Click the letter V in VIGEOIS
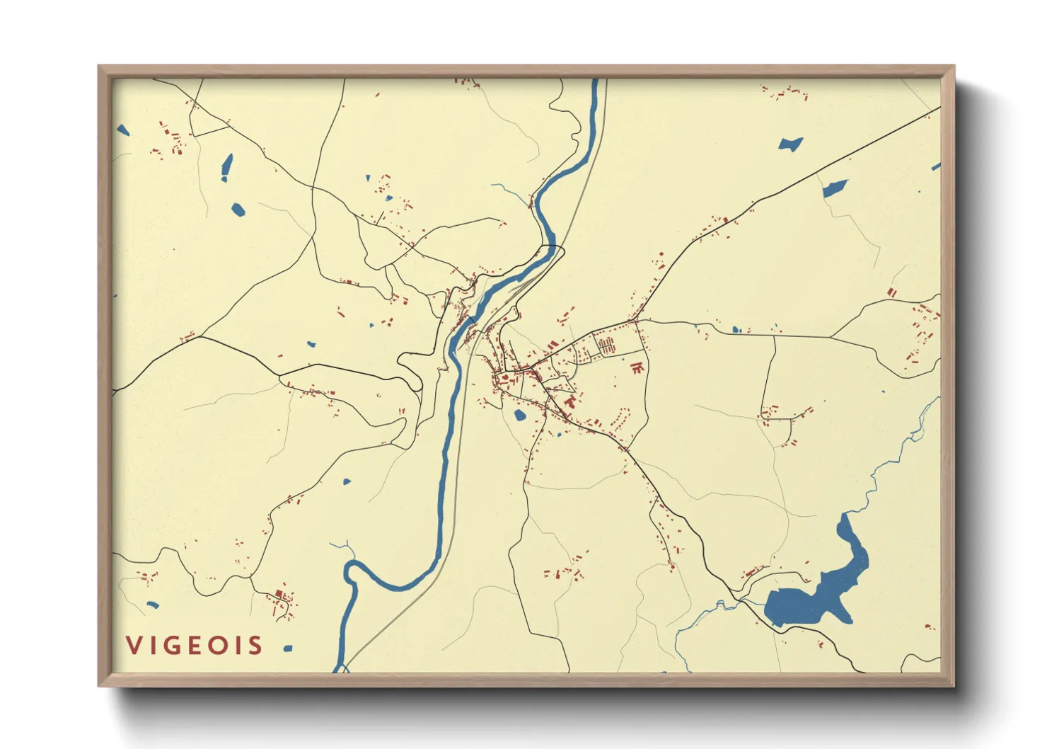click(x=133, y=646)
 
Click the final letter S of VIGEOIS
click(x=255, y=646)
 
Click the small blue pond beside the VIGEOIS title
click(x=287, y=648)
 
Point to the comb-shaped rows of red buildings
click(x=606, y=346)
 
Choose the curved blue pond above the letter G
click(x=152, y=605)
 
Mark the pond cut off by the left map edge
click(x=122, y=130)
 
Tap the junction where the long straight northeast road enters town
click(x=635, y=321)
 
